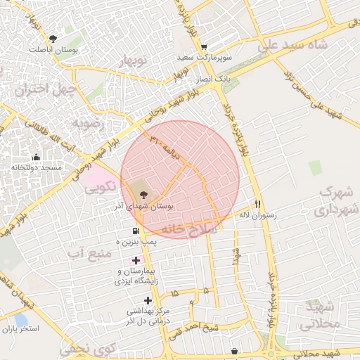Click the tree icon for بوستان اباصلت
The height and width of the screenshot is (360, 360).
point(53,38)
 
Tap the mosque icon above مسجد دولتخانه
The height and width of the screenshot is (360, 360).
point(36,157)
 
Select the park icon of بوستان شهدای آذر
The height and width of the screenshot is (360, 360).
point(144,195)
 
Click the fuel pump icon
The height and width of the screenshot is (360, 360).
point(134,231)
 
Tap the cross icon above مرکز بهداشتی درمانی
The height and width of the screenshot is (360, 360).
point(148,300)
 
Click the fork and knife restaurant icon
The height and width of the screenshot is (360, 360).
point(259,203)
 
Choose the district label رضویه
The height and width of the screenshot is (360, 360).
point(89,124)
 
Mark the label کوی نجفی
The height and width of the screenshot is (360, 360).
point(86,348)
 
